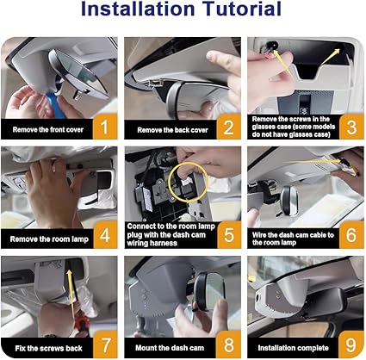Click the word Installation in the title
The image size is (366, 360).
[138, 9]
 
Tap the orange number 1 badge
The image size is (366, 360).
[105, 127]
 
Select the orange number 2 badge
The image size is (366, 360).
[228, 127]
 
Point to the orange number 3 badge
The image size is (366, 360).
[351, 127]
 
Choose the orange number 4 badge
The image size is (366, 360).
[105, 235]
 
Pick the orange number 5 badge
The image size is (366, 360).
[229, 235]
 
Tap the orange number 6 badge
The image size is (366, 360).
[351, 235]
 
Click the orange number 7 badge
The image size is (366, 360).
[105, 344]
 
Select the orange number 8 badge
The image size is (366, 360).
[228, 344]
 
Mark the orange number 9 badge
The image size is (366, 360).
[351, 344]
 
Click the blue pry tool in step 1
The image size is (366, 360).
[55, 104]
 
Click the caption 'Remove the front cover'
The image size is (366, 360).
[48, 130]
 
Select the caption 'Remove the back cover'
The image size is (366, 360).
[172, 130]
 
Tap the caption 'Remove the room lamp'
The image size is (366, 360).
[49, 239]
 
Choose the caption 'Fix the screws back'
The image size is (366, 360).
[48, 349]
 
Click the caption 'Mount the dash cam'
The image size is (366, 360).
[170, 348]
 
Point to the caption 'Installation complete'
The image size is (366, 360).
[293, 348]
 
